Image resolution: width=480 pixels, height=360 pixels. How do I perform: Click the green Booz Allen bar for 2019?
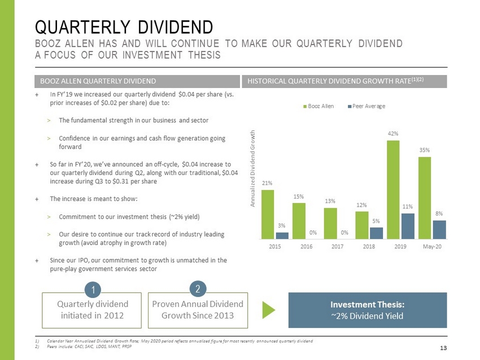tap(393, 190)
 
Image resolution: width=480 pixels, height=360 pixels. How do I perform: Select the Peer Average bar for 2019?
tap(408, 226)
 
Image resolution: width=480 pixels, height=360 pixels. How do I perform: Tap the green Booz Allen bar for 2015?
tap(268, 214)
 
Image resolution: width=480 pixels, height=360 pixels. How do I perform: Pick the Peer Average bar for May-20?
tap(439, 230)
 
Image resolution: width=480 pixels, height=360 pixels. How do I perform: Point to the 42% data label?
tap(393, 133)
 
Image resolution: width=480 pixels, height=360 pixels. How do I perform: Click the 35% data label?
tap(425, 150)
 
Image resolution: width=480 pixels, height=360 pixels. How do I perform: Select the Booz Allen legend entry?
tap(319, 106)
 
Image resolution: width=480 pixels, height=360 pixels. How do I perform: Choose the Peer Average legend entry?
tap(364, 106)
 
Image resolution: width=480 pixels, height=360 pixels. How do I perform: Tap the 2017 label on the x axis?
tap(337, 247)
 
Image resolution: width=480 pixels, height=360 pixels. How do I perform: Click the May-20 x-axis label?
tap(431, 247)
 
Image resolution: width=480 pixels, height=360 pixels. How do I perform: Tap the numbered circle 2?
tap(198, 289)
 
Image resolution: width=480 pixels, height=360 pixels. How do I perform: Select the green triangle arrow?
tap(270, 310)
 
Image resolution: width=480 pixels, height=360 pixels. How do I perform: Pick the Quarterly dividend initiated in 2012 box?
tap(92, 310)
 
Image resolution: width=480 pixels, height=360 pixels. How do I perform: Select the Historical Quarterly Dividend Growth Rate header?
tap(344, 82)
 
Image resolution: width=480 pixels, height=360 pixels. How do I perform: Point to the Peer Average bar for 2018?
tap(376, 233)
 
